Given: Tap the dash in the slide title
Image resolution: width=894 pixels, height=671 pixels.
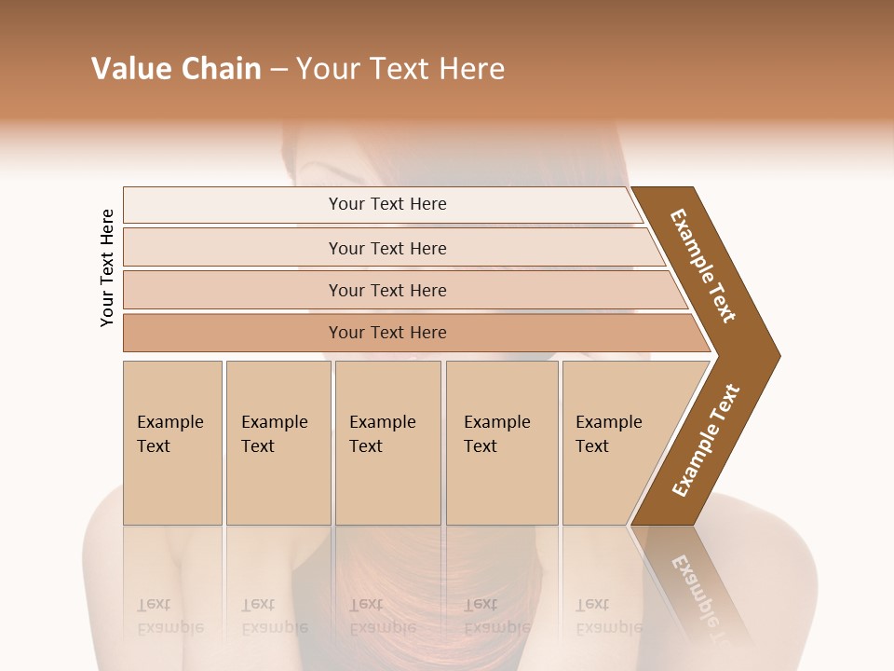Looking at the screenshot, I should coord(278,70).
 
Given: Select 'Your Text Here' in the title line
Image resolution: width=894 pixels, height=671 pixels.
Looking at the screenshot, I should coord(400,69).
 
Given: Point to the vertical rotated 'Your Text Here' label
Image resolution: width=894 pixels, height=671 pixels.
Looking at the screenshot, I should coord(107,267).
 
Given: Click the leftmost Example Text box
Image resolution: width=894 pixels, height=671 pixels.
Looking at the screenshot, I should coord(172,443).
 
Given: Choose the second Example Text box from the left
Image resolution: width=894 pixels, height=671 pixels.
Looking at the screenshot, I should coord(278,443).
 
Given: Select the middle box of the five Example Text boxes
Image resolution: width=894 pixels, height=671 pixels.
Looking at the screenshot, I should coord(387,443).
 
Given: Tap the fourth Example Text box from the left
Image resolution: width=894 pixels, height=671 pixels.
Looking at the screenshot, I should coord(501,443).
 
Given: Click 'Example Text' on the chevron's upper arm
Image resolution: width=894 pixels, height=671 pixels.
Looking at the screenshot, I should coord(703,266).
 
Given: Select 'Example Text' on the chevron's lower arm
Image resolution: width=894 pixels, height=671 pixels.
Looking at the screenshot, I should coord(706,441).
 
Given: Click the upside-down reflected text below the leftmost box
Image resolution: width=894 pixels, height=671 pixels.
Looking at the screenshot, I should coord(169,616).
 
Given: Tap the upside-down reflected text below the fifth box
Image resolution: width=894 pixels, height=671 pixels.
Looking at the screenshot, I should coord(608,616).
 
